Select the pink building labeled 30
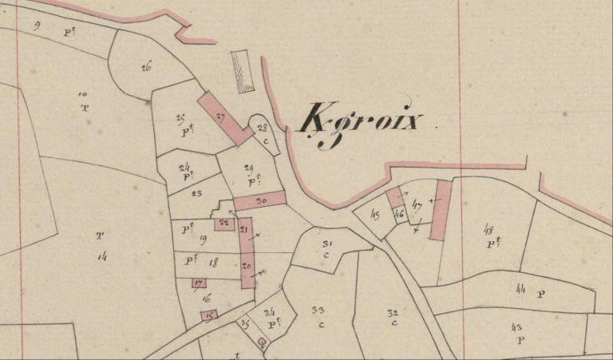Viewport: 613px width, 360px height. pyautogui.click(x=259, y=200)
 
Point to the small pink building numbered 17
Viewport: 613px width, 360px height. pyautogui.click(x=199, y=283)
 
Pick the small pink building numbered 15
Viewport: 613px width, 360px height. pyautogui.click(x=209, y=315)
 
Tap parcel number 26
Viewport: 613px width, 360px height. pyautogui.click(x=146, y=67)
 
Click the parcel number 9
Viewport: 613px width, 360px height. pyautogui.click(x=37, y=26)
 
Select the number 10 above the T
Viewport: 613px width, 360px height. pyautogui.click(x=82, y=93)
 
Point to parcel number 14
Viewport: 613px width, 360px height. pyautogui.click(x=102, y=255)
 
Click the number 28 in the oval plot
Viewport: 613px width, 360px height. pyautogui.click(x=261, y=127)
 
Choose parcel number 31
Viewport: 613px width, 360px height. pyautogui.click(x=326, y=243)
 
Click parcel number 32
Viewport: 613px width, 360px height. pyautogui.click(x=392, y=312)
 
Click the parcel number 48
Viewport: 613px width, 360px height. pyautogui.click(x=488, y=229)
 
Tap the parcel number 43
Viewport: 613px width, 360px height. pyautogui.click(x=516, y=327)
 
